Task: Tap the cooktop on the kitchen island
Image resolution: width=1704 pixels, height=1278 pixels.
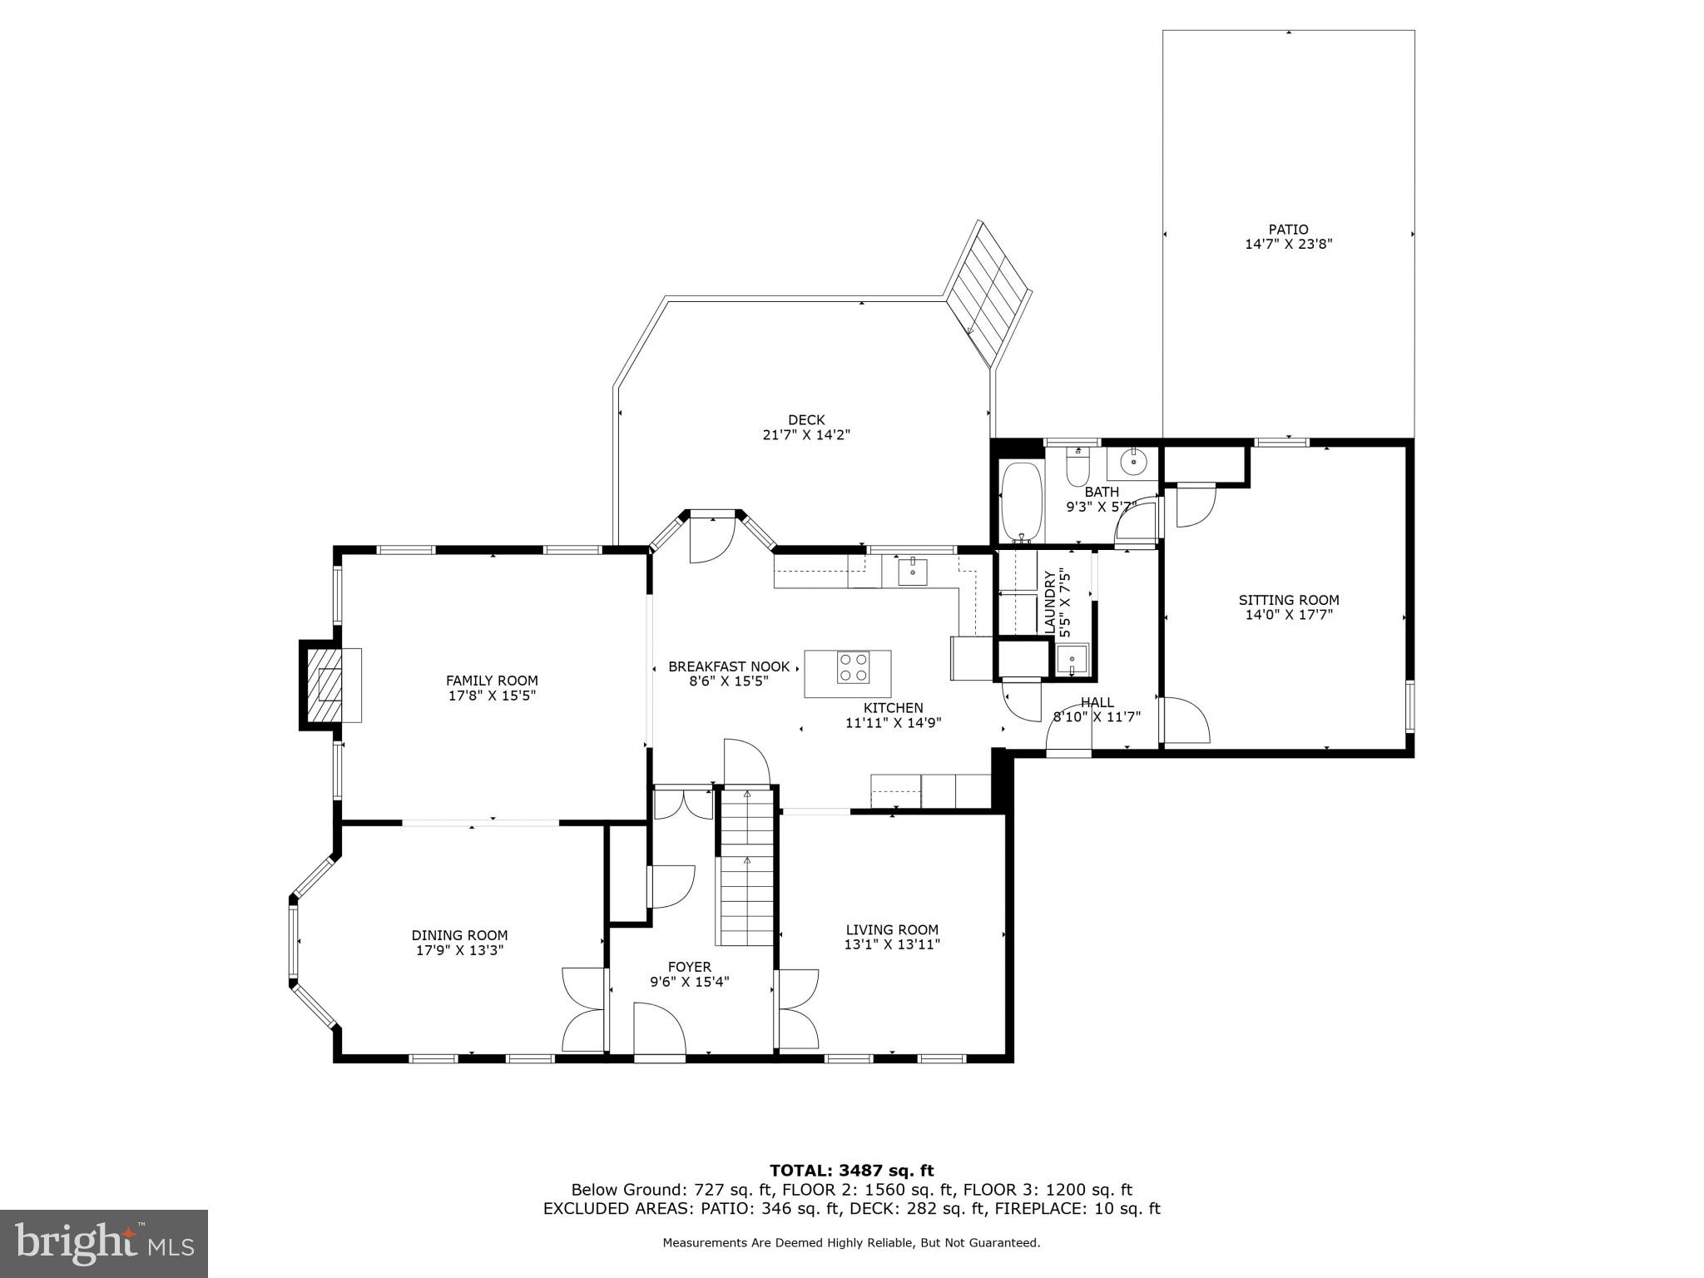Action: [853, 667]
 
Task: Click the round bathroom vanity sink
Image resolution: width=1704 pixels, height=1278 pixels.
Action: [1132, 460]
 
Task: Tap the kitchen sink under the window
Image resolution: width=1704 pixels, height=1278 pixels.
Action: [913, 572]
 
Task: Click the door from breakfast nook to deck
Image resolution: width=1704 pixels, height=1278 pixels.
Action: [712, 537]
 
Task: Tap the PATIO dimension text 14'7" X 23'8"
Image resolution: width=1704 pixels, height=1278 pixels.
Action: [1288, 244]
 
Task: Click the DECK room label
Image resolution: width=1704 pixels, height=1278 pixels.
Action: [805, 420]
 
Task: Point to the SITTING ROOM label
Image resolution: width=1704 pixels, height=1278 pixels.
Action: [1288, 600]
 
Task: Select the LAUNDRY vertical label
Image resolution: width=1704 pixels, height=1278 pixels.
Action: [1049, 602]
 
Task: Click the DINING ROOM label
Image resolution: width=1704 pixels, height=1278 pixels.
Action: [459, 935]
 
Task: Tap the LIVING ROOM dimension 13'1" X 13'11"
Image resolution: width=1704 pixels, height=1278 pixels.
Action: [892, 944]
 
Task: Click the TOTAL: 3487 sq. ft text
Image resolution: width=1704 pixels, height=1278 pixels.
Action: [851, 1171]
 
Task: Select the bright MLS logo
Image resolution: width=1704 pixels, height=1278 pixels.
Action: [104, 1243]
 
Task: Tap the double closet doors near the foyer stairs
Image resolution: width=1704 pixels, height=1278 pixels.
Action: [683, 803]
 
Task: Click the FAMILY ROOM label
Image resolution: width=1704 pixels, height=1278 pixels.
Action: [492, 681]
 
